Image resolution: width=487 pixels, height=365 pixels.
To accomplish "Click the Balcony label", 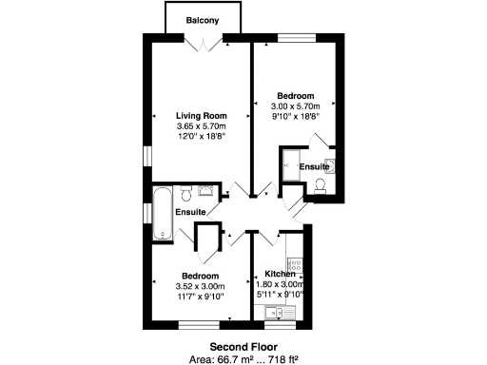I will click(x=204, y=20).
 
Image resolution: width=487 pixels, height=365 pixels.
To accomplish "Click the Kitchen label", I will click(x=280, y=274).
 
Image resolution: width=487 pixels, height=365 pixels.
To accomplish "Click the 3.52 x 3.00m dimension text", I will click(x=200, y=286).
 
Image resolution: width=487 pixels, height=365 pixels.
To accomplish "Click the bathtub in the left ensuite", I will click(x=162, y=215).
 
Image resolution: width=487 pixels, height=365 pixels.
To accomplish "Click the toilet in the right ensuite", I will click(x=319, y=184).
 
